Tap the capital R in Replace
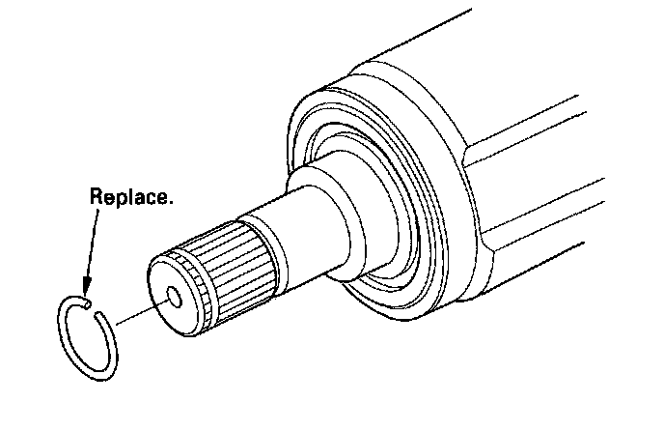click(x=97, y=197)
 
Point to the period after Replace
click(x=172, y=203)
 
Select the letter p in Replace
click(x=120, y=200)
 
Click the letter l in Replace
click(x=130, y=196)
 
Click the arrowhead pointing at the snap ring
click(x=85, y=286)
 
